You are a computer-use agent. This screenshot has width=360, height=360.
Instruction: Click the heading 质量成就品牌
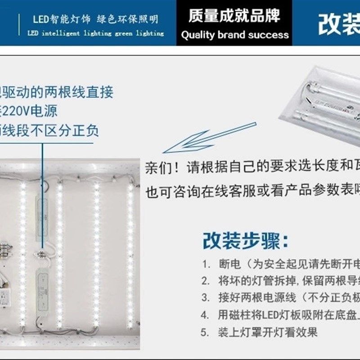click(x=234, y=16)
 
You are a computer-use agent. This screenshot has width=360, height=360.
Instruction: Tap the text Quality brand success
click(x=234, y=35)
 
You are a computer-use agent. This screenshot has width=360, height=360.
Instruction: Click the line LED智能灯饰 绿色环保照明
click(x=95, y=19)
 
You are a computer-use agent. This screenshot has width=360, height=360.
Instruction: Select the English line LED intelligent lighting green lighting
click(x=95, y=33)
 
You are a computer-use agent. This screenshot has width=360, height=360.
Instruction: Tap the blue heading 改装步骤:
click(x=245, y=241)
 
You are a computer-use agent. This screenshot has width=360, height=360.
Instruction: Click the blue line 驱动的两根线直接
click(x=56, y=92)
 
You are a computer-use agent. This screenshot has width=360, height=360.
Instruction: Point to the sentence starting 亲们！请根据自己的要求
click(x=252, y=167)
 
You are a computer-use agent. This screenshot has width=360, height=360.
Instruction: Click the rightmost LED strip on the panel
click(x=130, y=247)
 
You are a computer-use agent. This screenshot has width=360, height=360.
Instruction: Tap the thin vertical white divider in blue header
click(x=19, y=25)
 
